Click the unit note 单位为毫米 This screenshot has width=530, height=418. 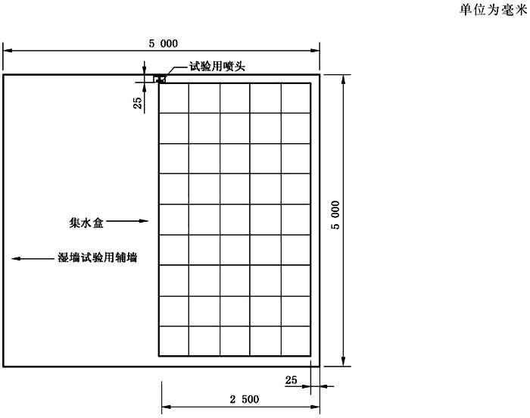coord(493,10)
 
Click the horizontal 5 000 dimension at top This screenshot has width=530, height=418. coord(164,43)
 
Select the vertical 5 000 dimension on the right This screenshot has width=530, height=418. coord(335,215)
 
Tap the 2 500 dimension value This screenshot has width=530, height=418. coord(245,399)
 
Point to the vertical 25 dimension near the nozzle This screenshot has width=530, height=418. coord(138,103)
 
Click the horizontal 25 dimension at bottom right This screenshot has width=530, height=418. coord(291,380)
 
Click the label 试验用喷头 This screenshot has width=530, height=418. coord(217,67)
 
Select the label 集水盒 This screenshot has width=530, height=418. coord(86,223)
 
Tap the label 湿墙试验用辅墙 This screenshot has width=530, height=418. coord(98,257)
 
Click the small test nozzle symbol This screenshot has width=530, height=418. coord(160,80)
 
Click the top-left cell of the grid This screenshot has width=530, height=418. coord(174,98)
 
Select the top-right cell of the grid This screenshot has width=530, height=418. coord(295,98)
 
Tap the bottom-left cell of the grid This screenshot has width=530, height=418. coord(174,341)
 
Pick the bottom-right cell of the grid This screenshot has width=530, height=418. coord(295,341)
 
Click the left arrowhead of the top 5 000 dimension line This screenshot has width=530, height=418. coord(8,51)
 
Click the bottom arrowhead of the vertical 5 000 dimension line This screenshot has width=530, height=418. coord(344,361)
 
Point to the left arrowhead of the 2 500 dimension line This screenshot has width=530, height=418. coord(167,407)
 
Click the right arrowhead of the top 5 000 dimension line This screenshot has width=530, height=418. coord(315,51)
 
